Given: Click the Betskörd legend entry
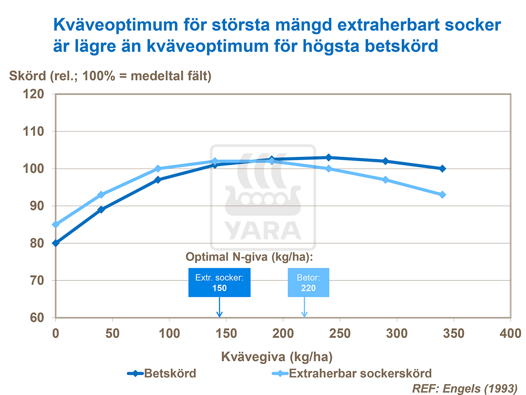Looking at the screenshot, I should [x=162, y=374].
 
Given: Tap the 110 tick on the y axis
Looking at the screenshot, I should [x=33, y=132].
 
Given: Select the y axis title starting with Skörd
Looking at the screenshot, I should [x=110, y=76].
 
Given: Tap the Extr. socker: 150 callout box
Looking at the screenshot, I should [x=219, y=283].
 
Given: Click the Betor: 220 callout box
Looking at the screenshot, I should [x=309, y=283].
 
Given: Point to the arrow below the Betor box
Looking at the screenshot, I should [x=304, y=307].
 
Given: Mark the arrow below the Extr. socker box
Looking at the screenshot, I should [x=220, y=307].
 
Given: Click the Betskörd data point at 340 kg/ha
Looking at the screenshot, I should [x=442, y=169].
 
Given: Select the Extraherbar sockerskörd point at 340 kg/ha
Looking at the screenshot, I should [x=442, y=194].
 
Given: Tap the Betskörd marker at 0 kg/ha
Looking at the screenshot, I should [x=56, y=243].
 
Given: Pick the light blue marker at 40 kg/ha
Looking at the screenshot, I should [x=101, y=194].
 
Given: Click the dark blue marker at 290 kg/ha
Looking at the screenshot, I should [x=385, y=161].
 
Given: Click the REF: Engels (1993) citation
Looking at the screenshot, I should [x=464, y=388].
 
